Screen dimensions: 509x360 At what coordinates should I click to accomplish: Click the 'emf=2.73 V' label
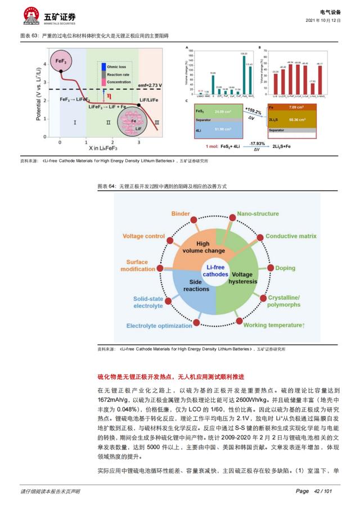pos(150,85)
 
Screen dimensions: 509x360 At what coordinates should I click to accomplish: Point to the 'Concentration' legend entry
pos(118,82)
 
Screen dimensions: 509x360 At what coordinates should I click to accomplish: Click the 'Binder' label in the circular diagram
pos(180,214)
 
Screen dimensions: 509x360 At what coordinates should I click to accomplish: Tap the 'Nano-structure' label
pos(258,214)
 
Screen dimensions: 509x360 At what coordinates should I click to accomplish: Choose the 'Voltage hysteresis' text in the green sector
pos(244,277)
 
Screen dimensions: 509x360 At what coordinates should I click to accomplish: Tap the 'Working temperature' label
pos(274,326)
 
